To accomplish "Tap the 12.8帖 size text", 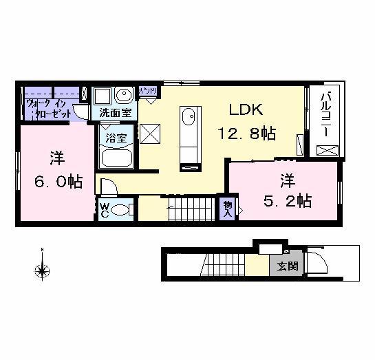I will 247,132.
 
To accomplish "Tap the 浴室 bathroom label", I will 115,137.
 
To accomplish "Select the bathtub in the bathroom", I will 118,158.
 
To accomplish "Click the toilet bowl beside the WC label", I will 122,210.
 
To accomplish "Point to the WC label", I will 105,209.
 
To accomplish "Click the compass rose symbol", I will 42,269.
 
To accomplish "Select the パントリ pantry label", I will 149,91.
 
